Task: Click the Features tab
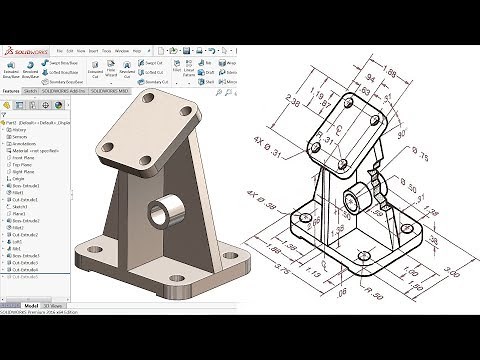[x=13, y=89]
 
